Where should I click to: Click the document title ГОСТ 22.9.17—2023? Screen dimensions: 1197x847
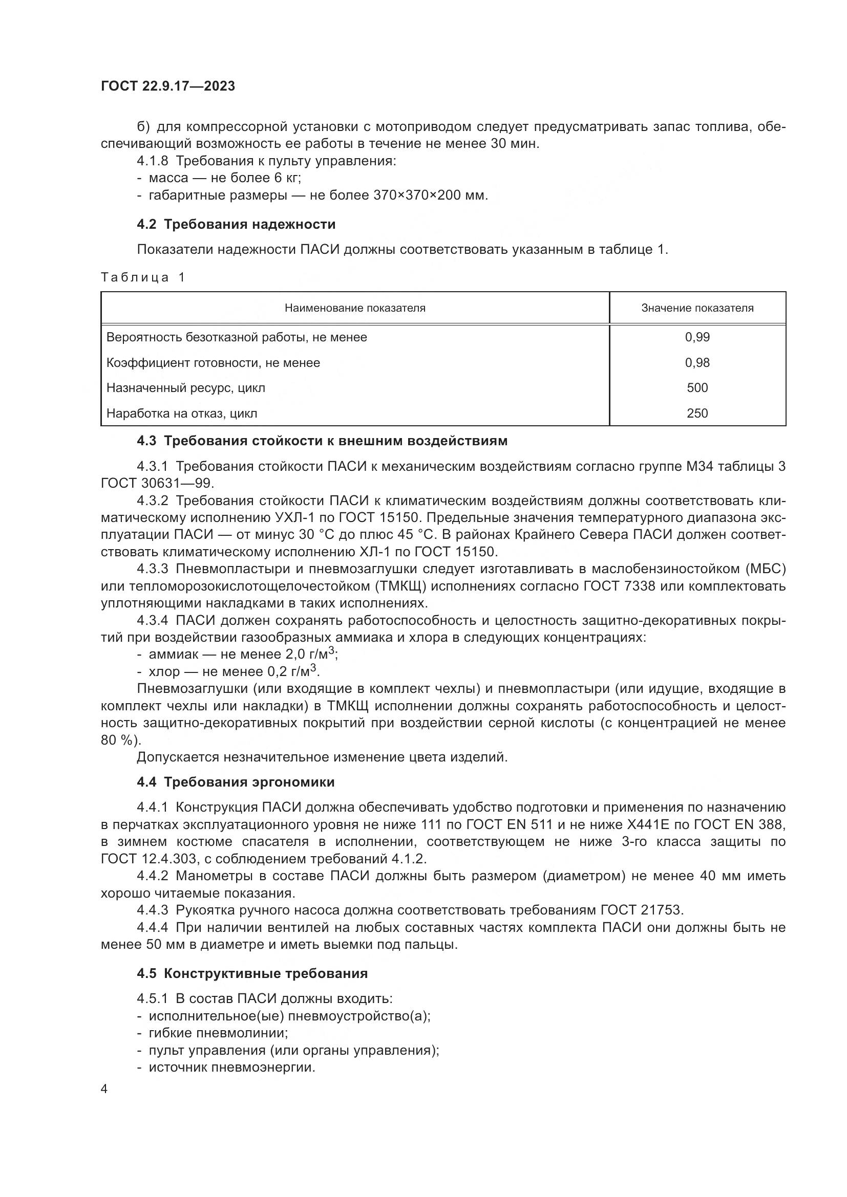click(167, 86)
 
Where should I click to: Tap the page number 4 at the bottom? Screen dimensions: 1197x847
click(104, 1090)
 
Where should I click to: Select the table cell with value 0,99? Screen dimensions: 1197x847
click(697, 337)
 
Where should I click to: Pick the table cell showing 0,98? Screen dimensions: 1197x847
click(697, 363)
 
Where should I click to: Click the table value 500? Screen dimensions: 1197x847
click(697, 388)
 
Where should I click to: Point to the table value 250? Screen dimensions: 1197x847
click(697, 413)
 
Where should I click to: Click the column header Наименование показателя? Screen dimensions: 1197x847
click(355, 308)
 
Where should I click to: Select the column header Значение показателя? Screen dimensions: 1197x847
click(697, 308)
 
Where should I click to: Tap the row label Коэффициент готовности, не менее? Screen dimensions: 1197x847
click(213, 363)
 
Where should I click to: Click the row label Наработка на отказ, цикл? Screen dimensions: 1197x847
click(181, 413)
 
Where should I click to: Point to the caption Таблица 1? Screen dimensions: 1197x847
click(143, 277)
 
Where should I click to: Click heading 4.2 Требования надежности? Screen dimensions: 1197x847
click(236, 225)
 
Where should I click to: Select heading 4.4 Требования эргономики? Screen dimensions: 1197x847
click(235, 782)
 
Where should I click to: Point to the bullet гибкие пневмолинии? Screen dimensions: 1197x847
click(218, 1033)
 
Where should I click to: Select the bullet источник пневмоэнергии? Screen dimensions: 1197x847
click(231, 1067)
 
